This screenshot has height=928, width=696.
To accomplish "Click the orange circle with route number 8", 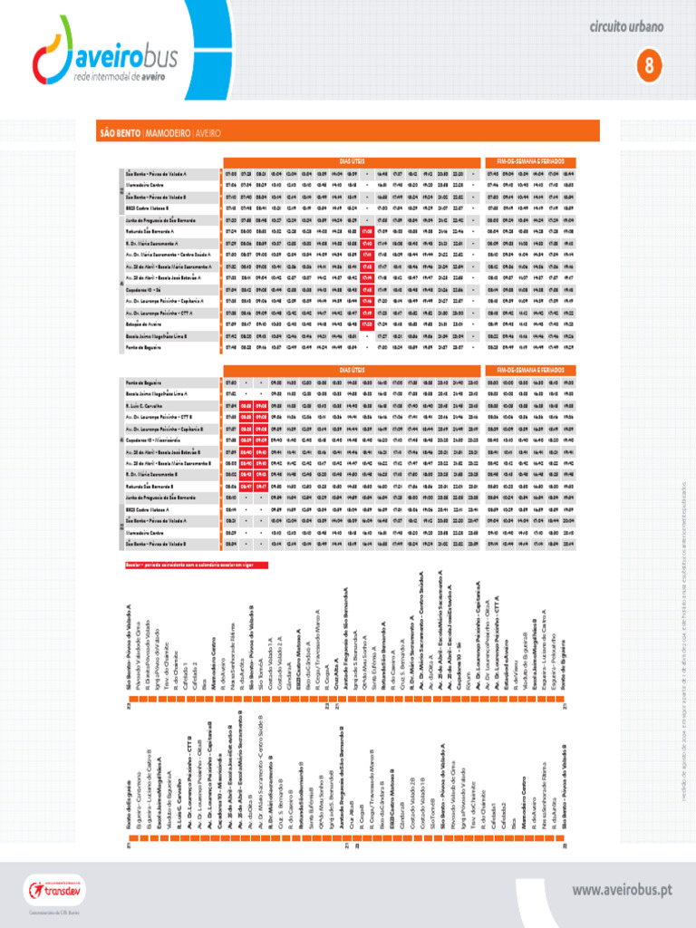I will click(x=649, y=64).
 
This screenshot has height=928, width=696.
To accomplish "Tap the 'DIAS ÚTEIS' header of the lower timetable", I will click(x=353, y=370).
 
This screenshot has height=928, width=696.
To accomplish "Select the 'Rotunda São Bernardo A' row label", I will click(x=150, y=231).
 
